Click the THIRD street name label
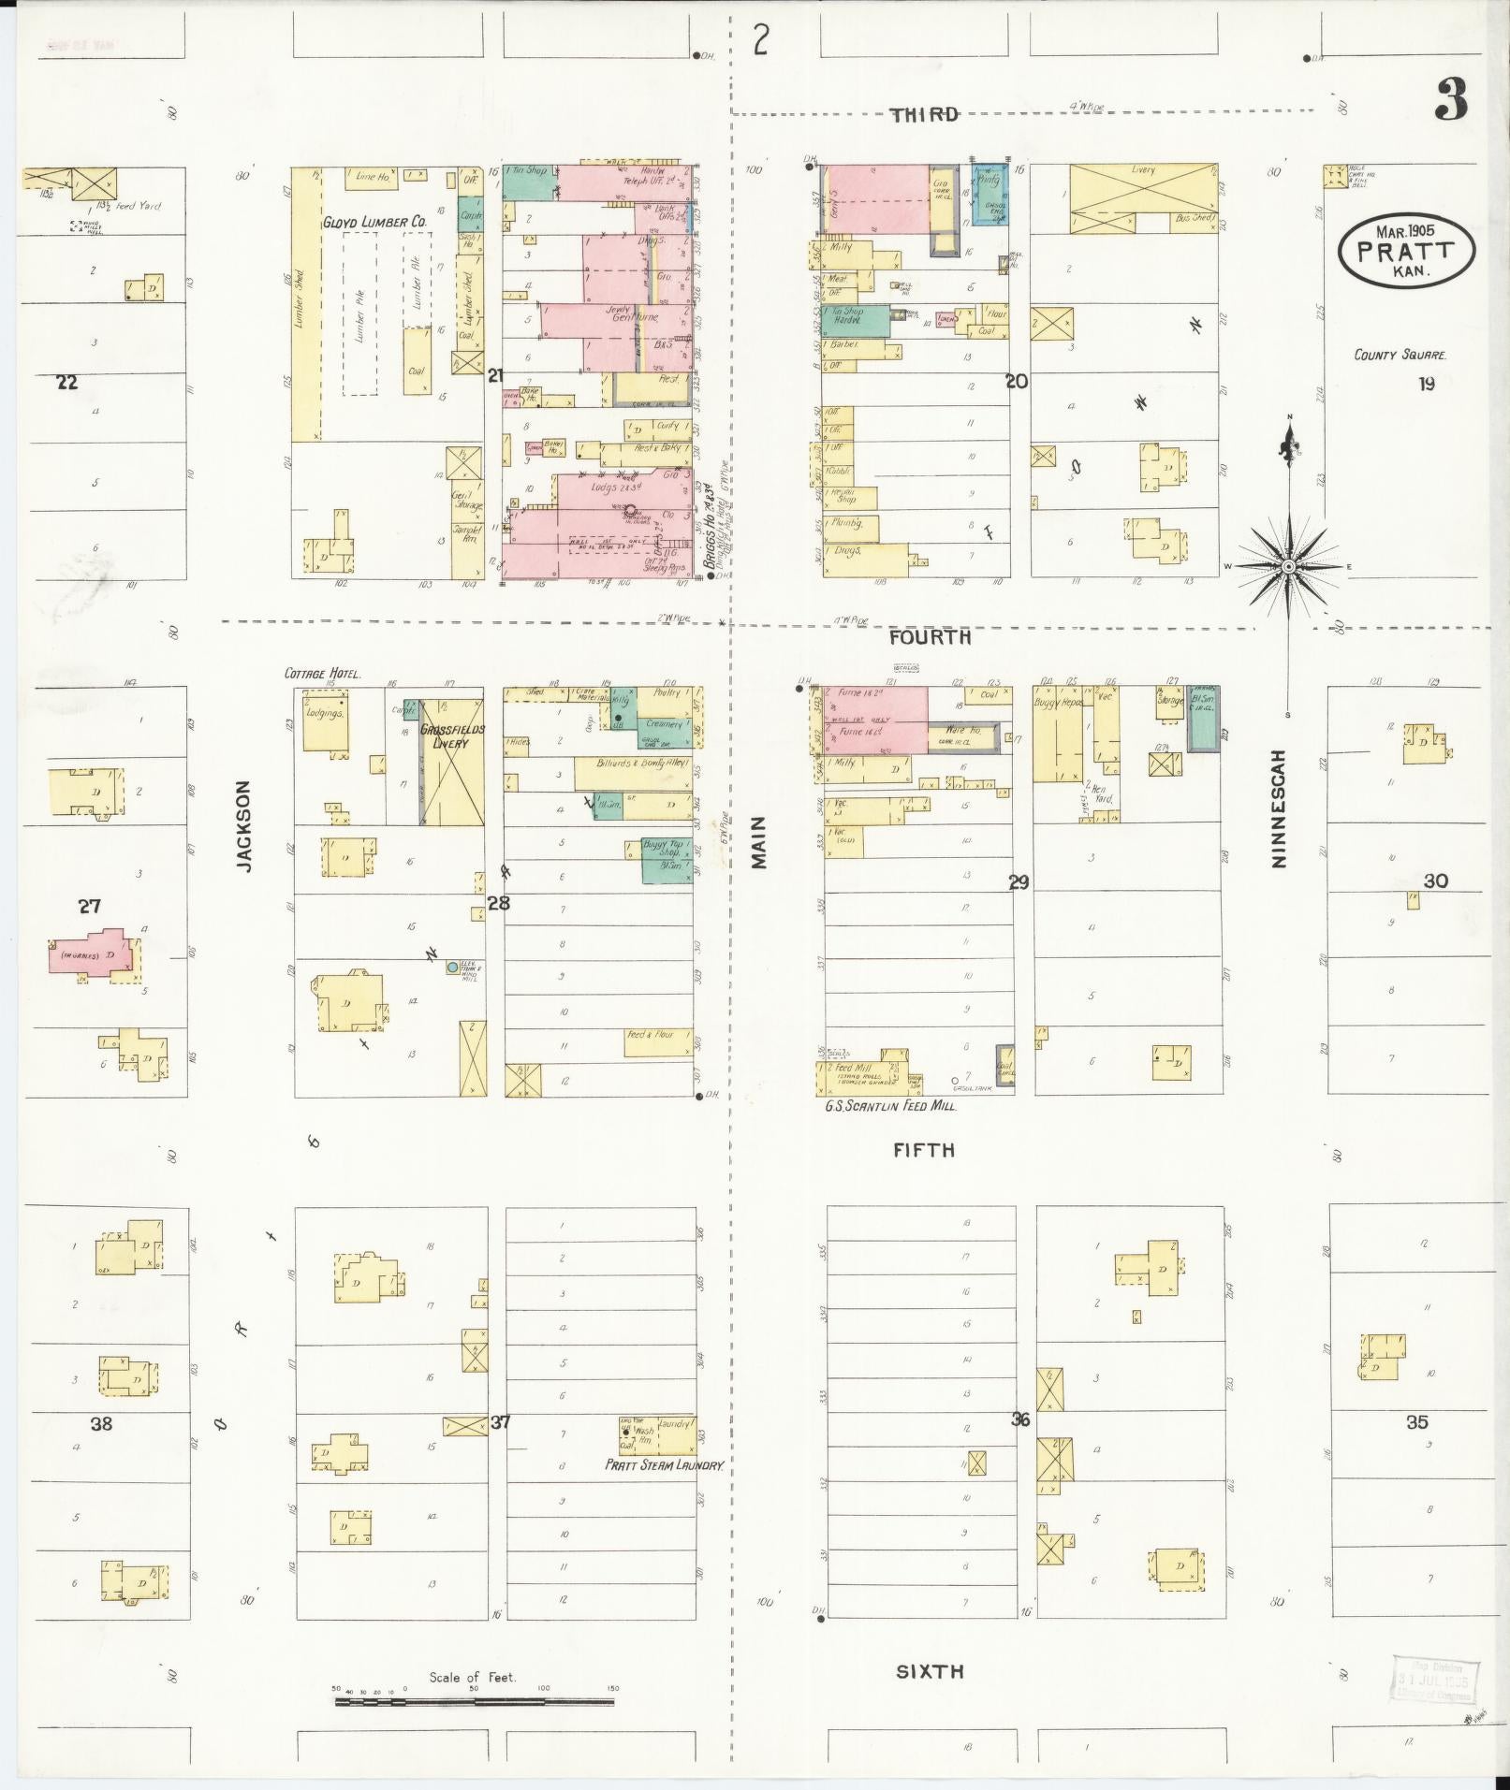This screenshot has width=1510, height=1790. point(924,114)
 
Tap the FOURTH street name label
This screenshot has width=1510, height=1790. point(930,637)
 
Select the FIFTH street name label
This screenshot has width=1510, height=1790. point(923,1150)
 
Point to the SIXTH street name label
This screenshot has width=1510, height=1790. point(929,1671)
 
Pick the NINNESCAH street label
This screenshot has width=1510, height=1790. point(1279,808)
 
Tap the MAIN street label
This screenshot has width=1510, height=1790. point(758,841)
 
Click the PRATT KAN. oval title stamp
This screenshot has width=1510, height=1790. point(1406,251)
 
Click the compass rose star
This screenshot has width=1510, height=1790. point(1288,567)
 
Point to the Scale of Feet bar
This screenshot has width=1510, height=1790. point(475,1700)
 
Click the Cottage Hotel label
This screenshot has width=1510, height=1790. point(323,674)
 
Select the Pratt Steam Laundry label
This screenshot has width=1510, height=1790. point(664,1465)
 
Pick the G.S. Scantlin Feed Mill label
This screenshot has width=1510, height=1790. point(889,1106)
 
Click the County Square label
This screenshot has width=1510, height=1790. point(1400,356)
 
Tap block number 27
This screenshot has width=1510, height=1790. point(89,906)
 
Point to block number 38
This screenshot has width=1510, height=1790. point(101,1423)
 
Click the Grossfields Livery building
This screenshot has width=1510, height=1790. point(451,762)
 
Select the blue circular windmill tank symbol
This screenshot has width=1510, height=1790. point(452,967)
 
